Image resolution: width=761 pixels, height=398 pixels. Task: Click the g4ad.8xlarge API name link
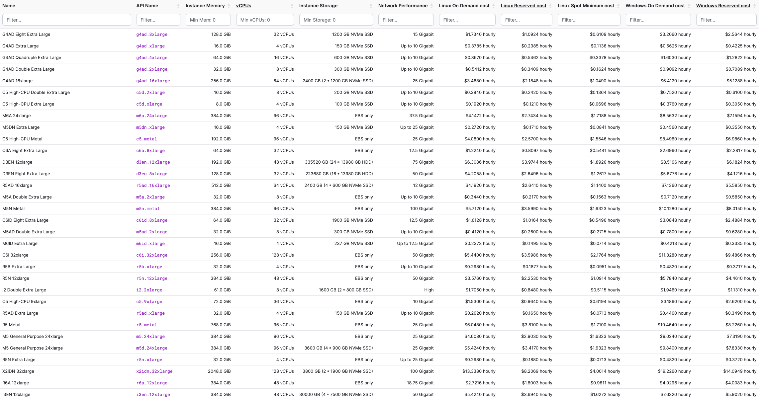click(151, 35)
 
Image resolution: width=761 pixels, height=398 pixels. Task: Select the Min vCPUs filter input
click(265, 20)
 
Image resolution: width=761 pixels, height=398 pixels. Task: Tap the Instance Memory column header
click(205, 6)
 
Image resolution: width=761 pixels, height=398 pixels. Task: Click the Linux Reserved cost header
click(523, 6)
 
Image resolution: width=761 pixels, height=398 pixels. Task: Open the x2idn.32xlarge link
click(154, 371)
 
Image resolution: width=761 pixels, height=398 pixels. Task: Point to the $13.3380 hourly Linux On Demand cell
click(479, 371)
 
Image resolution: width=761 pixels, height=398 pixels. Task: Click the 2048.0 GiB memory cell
click(219, 371)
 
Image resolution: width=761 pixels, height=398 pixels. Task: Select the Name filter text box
click(66, 20)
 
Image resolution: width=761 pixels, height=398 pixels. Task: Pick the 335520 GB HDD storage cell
click(338, 162)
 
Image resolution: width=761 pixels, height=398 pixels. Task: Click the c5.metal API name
click(146, 139)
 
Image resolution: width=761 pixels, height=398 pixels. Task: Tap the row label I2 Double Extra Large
click(24, 290)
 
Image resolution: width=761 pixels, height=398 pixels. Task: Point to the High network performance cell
click(428, 290)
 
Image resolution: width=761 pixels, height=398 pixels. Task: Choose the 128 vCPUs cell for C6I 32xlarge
click(282, 255)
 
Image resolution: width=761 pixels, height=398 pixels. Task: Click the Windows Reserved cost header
click(723, 6)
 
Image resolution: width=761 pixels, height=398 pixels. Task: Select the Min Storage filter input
click(335, 20)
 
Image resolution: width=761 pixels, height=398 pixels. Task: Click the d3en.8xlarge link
click(151, 174)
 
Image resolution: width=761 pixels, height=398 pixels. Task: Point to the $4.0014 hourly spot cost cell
click(605, 371)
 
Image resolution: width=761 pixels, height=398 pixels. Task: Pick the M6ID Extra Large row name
click(20, 244)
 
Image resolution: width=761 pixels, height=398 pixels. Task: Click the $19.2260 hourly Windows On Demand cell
click(674, 371)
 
